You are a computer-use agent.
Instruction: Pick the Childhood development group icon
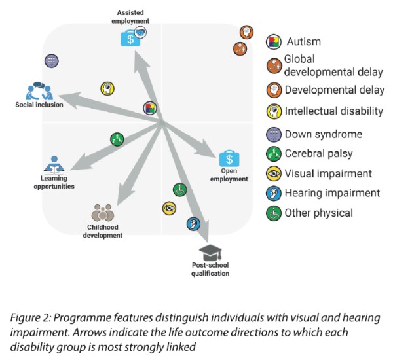[102, 213]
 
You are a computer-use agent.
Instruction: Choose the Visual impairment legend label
[328, 173]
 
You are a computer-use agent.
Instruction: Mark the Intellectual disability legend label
[333, 111]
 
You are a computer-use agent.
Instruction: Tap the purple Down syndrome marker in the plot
[52, 60]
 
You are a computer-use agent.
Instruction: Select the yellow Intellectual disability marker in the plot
[107, 88]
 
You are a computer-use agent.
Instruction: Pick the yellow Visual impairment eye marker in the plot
[168, 208]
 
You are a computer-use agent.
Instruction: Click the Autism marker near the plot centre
[150, 108]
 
